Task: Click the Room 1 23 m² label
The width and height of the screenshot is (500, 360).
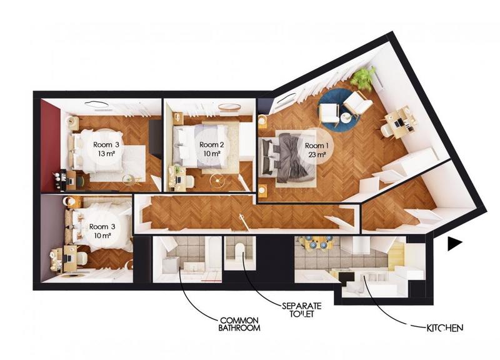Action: [316, 150]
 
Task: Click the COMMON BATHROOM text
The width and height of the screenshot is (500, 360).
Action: [238, 324]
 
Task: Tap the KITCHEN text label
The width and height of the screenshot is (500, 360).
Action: [446, 327]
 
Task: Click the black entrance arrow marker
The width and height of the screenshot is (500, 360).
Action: [454, 244]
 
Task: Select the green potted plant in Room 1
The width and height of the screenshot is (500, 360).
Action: [362, 79]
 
